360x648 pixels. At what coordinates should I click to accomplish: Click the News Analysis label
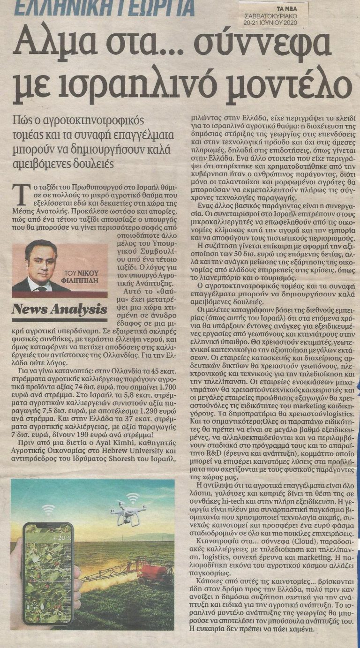click(59, 310)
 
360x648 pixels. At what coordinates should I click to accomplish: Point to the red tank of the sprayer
click(156, 573)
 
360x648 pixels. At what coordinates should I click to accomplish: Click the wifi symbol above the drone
click(133, 497)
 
